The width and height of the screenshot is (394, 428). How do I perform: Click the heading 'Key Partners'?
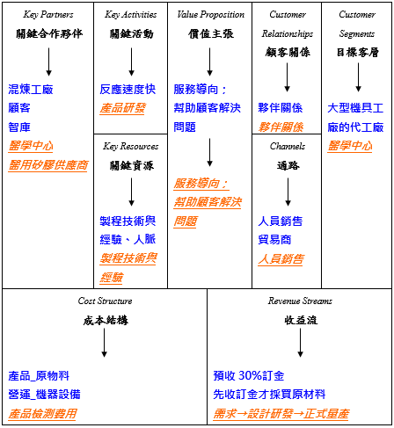(x=47, y=15)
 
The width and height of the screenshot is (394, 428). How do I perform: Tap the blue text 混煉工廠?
(x=31, y=91)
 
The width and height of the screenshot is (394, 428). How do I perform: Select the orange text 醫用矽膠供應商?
(x=48, y=165)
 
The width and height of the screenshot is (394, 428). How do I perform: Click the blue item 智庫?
(x=18, y=127)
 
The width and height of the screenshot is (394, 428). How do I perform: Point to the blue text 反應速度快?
(x=128, y=91)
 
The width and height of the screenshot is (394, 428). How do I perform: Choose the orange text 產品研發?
(x=122, y=109)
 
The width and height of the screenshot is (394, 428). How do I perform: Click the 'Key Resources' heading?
(x=130, y=146)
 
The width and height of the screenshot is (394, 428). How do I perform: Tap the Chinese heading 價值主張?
(x=209, y=33)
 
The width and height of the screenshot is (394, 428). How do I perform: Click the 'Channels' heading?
(x=287, y=146)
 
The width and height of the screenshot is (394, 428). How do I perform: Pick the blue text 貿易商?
(x=275, y=240)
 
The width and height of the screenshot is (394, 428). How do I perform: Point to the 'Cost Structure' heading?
(x=104, y=301)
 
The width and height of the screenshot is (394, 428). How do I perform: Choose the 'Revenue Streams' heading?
(x=300, y=301)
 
